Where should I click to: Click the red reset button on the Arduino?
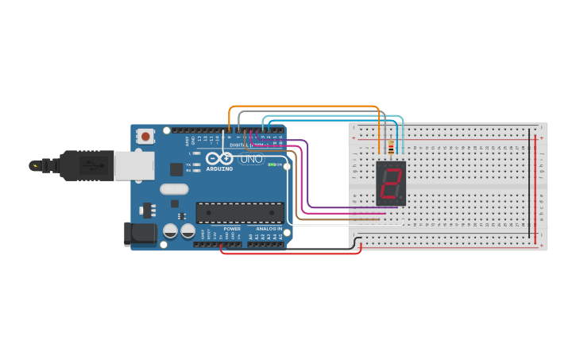click(x=145, y=137)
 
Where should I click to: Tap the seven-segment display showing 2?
click(x=390, y=183)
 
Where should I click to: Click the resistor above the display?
click(x=391, y=147)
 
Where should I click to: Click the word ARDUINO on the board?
click(x=219, y=168)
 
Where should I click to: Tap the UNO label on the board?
click(x=250, y=159)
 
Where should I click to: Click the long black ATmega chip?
click(x=240, y=212)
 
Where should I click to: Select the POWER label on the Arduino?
click(x=232, y=229)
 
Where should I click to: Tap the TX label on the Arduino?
click(x=188, y=165)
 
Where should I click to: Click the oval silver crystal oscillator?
click(x=174, y=189)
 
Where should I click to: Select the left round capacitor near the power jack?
click(x=170, y=230)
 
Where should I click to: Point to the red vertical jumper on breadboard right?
click(x=536, y=188)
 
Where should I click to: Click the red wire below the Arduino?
click(x=290, y=254)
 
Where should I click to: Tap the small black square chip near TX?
click(x=176, y=168)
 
